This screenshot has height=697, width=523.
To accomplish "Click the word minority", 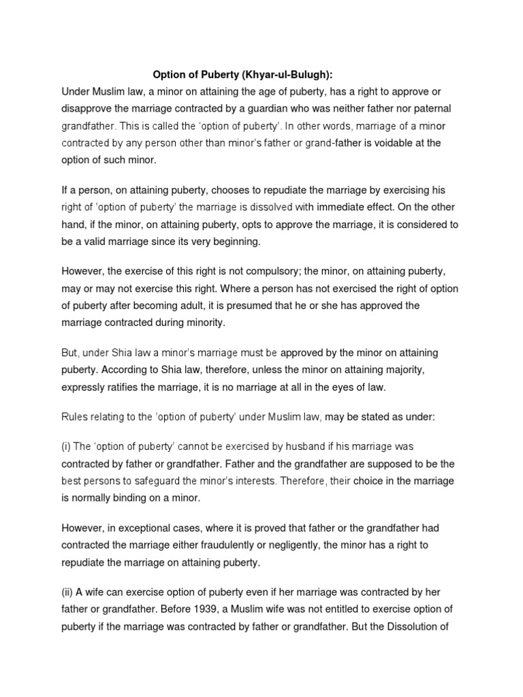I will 200,323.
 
